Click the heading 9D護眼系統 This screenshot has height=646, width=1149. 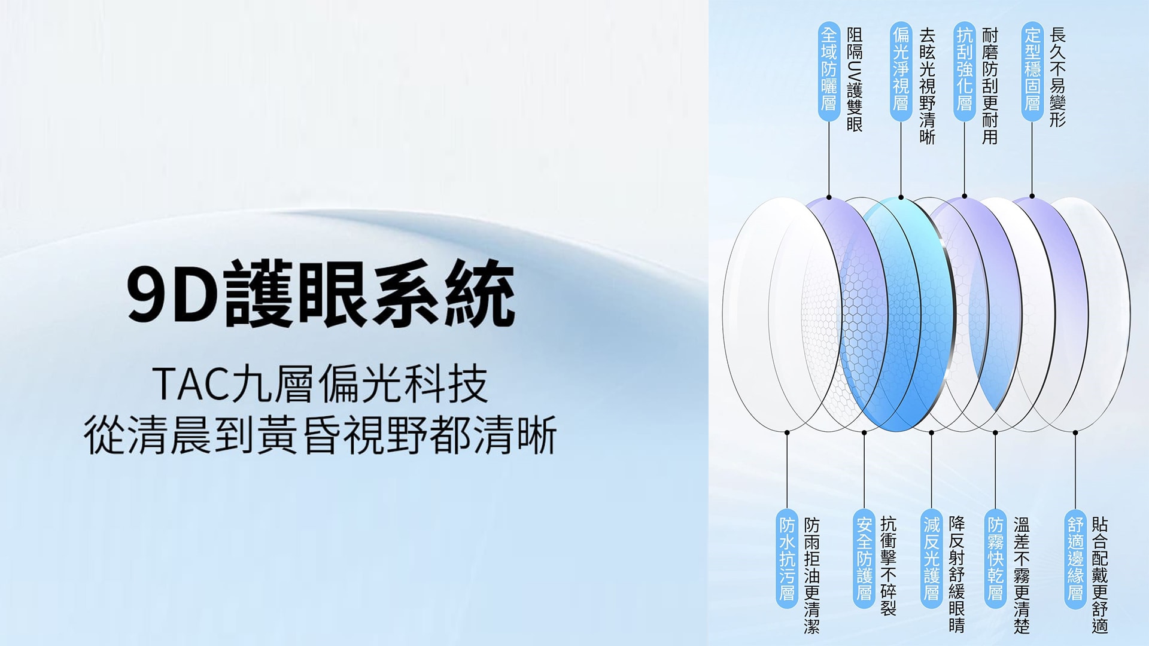click(x=321, y=294)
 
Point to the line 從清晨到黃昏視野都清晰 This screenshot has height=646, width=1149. click(x=321, y=435)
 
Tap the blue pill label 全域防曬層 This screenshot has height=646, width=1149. click(x=829, y=71)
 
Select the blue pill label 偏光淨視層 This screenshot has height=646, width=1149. click(x=901, y=71)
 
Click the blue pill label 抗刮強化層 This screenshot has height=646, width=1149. click(x=964, y=71)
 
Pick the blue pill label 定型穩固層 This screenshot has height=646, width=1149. click(x=1032, y=71)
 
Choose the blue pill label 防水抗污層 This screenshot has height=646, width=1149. click(x=787, y=559)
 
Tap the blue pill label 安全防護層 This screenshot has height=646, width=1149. click(x=864, y=559)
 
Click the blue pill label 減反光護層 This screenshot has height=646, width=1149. click(x=932, y=559)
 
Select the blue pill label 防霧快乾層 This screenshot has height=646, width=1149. click(x=995, y=559)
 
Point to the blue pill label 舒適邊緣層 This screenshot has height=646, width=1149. click(x=1075, y=559)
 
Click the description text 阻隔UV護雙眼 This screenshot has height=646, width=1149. click(x=855, y=79)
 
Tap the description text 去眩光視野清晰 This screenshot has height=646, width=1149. click(x=927, y=86)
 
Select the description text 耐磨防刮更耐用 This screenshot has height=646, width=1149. click(x=990, y=86)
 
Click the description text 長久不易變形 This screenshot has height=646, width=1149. click(x=1057, y=77)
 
